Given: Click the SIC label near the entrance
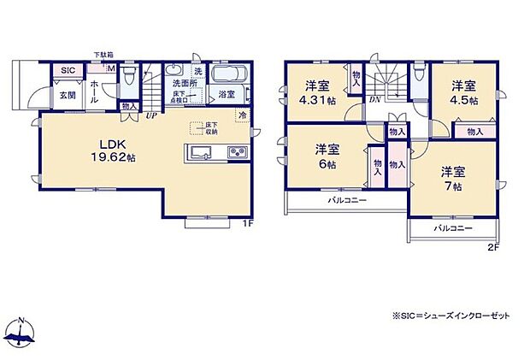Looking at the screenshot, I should (67, 71).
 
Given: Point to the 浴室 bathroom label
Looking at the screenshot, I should (227, 96).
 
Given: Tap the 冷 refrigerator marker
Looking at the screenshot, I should (243, 115).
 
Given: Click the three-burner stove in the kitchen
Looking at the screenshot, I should (235, 154).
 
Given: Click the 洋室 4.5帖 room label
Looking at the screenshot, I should (463, 91).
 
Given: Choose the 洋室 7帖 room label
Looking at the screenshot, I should (453, 178).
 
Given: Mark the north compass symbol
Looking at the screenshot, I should (21, 331).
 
